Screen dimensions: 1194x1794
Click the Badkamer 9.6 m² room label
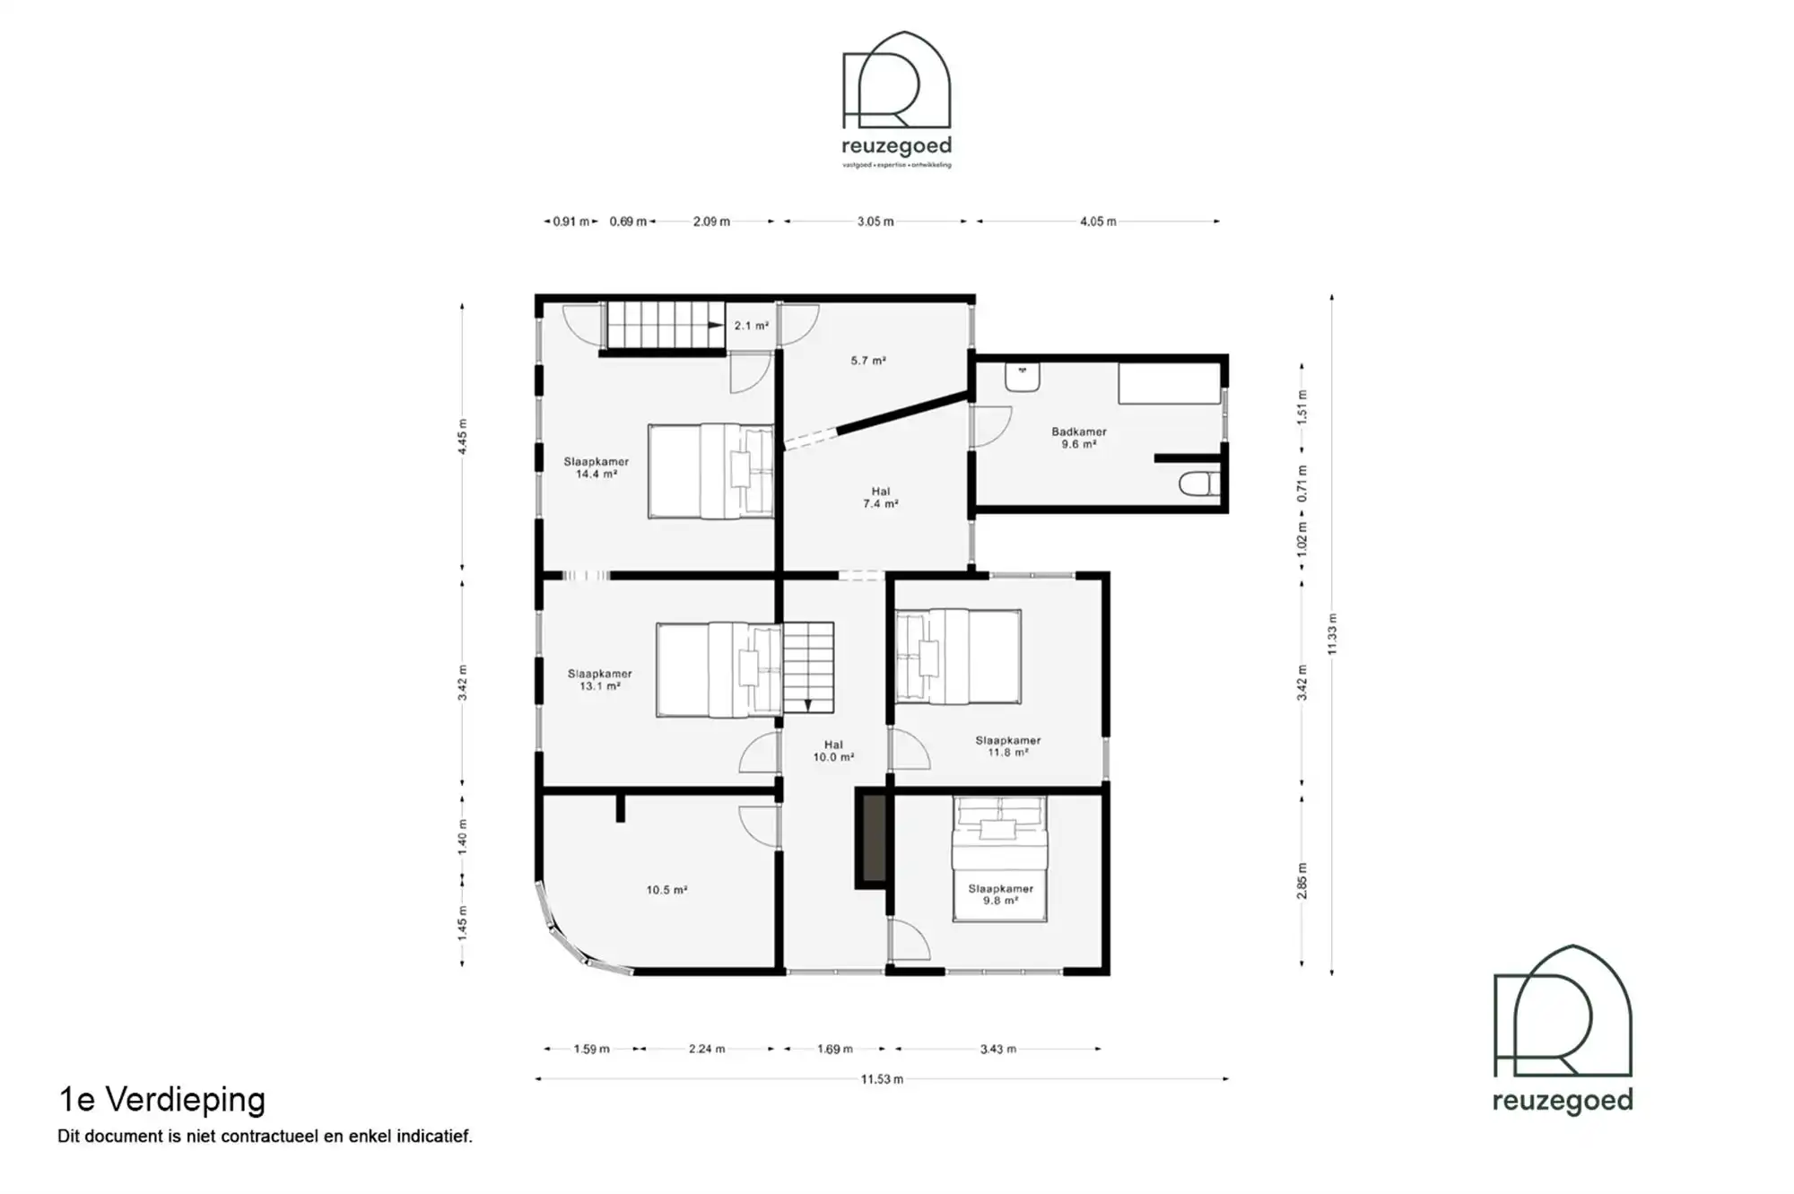tap(1078, 438)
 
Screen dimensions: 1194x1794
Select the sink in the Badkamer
tap(1022, 377)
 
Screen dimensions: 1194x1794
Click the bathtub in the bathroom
tap(1169, 384)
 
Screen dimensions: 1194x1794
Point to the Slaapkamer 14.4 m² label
tap(596, 467)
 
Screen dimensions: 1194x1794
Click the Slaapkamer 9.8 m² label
tap(1000, 894)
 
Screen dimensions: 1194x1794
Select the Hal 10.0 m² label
tap(833, 751)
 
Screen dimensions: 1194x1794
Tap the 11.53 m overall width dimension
tap(882, 1079)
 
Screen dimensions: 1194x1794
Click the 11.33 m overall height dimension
tap(1332, 633)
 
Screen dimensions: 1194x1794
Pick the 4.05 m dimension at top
tap(1098, 222)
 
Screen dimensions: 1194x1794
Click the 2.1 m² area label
tap(751, 326)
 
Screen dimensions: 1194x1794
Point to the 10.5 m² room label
tap(666, 890)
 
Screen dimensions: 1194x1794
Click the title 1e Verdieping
tap(162, 1099)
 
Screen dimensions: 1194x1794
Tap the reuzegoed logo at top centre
tap(896, 99)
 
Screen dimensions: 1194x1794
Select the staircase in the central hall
tap(808, 667)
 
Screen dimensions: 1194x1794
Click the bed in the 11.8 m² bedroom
tap(958, 656)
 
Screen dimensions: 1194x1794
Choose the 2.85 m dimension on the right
tap(1302, 880)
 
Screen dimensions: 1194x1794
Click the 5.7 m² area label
tap(867, 361)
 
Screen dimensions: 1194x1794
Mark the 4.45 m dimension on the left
tap(463, 436)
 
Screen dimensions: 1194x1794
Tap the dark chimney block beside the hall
tap(870, 838)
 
